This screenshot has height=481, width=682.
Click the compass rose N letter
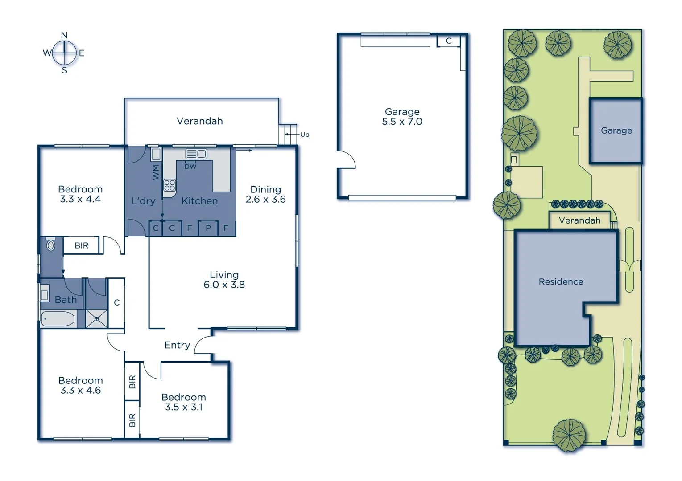[x=64, y=35]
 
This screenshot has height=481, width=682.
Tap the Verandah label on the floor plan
[x=199, y=121]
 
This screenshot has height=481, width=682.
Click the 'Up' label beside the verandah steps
[x=305, y=135]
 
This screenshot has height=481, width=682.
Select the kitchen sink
[x=196, y=154]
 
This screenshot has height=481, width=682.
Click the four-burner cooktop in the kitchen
[x=169, y=185]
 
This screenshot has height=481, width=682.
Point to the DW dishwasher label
[x=190, y=167]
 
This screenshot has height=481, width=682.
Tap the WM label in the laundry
[x=156, y=172]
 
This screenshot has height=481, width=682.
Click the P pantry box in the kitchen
[x=208, y=228]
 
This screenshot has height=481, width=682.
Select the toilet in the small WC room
[x=51, y=245]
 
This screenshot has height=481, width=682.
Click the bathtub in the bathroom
[x=58, y=319]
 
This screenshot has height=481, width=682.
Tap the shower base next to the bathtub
[x=96, y=319]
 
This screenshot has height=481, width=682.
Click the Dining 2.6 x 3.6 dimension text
[x=265, y=199]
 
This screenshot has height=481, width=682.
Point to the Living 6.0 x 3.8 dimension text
[x=224, y=285]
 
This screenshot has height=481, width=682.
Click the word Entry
[x=177, y=345]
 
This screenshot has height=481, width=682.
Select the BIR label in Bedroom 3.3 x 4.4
[x=81, y=245]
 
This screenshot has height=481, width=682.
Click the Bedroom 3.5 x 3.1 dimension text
[x=184, y=407]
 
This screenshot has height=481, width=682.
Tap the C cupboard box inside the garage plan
[x=449, y=41]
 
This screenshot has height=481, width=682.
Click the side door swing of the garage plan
[x=347, y=159]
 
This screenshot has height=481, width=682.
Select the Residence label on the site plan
[x=561, y=281]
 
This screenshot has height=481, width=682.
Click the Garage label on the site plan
[x=616, y=130]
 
